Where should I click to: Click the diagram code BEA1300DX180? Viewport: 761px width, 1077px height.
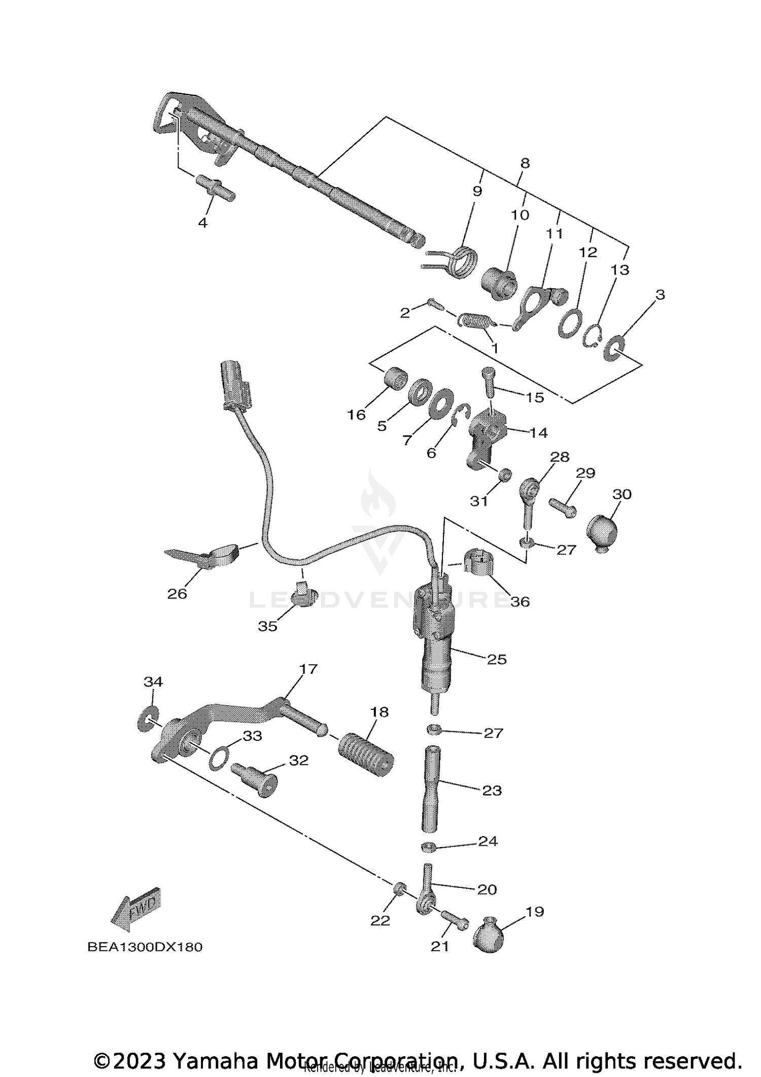[x=145, y=947]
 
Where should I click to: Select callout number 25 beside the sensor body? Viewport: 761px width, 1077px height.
[x=497, y=659]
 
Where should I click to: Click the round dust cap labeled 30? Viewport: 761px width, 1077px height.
[x=602, y=531]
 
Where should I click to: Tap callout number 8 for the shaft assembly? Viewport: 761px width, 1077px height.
[x=525, y=163]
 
